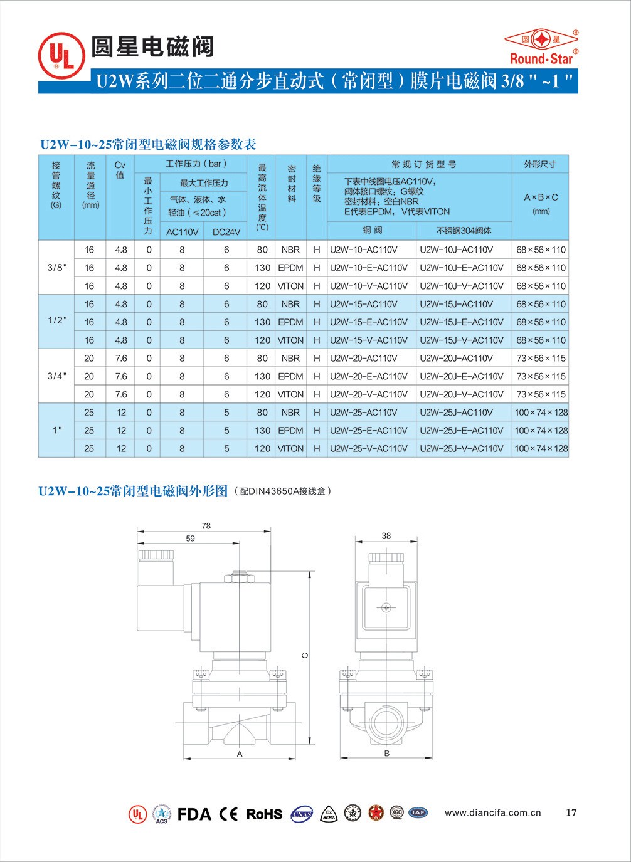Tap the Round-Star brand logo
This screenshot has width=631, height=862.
(541, 47)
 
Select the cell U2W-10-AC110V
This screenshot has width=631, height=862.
(364, 250)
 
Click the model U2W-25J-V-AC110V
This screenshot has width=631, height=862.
(462, 449)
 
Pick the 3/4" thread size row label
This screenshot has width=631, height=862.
(57, 376)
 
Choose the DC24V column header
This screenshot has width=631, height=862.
(226, 232)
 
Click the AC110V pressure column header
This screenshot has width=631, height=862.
(182, 232)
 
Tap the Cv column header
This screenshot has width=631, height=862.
(120, 170)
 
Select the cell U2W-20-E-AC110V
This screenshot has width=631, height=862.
(369, 377)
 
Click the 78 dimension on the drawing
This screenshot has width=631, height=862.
(206, 526)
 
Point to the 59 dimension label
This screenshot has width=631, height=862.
(190, 539)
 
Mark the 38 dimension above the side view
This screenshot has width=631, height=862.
(386, 535)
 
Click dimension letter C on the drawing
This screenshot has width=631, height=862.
(305, 656)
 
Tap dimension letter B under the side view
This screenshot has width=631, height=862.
(387, 754)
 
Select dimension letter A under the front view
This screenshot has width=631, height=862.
(240, 754)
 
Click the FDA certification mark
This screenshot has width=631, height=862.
(194, 814)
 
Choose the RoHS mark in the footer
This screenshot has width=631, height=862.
(264, 814)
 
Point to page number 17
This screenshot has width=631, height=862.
(571, 812)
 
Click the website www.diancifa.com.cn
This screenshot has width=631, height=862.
(492, 813)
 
